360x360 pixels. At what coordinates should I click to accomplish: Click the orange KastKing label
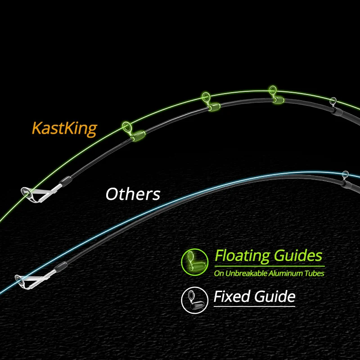click(64, 129)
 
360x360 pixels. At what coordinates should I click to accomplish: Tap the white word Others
click(133, 194)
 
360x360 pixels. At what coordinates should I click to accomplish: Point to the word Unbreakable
click(246, 274)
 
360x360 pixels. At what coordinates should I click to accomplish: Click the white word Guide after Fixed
click(275, 297)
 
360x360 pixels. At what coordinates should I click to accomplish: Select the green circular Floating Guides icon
click(195, 262)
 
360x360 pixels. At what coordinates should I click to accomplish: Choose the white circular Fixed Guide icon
click(195, 300)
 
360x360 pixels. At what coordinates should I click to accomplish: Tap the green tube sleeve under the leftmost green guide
click(138, 136)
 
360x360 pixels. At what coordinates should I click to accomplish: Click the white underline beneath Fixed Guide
click(254, 306)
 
